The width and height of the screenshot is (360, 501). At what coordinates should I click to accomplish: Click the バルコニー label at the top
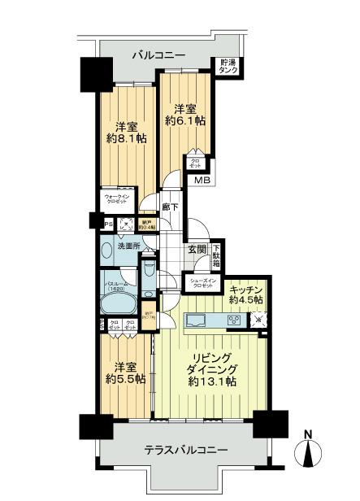[x=158, y=55]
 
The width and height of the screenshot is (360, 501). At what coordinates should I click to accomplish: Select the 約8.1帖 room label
[x=127, y=132]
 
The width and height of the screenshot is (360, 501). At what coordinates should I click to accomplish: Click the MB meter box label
[x=201, y=181]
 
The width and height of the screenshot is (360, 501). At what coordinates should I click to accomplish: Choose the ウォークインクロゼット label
[x=118, y=199]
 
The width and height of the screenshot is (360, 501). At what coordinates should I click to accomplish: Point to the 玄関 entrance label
[x=197, y=250]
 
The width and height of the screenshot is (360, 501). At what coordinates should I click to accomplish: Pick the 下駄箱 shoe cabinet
[x=217, y=256]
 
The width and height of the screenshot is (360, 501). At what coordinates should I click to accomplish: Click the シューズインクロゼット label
[x=210, y=284]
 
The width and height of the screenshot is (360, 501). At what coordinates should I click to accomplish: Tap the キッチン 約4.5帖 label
[x=243, y=294]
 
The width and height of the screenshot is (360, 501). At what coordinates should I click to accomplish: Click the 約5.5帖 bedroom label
[x=127, y=372]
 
